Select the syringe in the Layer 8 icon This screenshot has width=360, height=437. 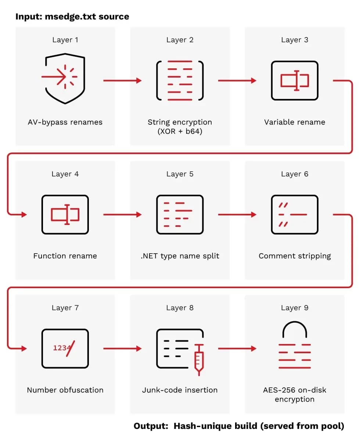pyautogui.click(x=199, y=359)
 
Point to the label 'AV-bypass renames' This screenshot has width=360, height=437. pyautogui.click(x=65, y=122)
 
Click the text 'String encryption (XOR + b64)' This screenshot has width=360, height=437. pyautogui.click(x=180, y=126)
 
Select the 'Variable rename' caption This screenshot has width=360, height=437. pyautogui.click(x=295, y=122)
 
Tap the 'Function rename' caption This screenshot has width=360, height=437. pyautogui.click(x=65, y=256)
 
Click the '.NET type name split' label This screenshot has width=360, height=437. pyautogui.click(x=180, y=256)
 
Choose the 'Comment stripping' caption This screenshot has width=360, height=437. pyautogui.click(x=295, y=256)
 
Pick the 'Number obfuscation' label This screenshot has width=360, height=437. pyautogui.click(x=65, y=390)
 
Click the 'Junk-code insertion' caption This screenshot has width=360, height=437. pyautogui.click(x=180, y=390)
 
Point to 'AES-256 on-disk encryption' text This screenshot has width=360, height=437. pyautogui.click(x=295, y=394)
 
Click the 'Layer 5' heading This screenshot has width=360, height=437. pyautogui.click(x=180, y=174)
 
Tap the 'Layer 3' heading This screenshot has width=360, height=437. pyautogui.click(x=295, y=40)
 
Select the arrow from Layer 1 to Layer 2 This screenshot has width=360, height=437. pyautogui.click(x=123, y=80)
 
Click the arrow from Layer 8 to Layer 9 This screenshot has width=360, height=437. pyautogui.click(x=237, y=348)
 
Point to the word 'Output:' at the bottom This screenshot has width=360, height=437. pyautogui.click(x=151, y=426)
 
